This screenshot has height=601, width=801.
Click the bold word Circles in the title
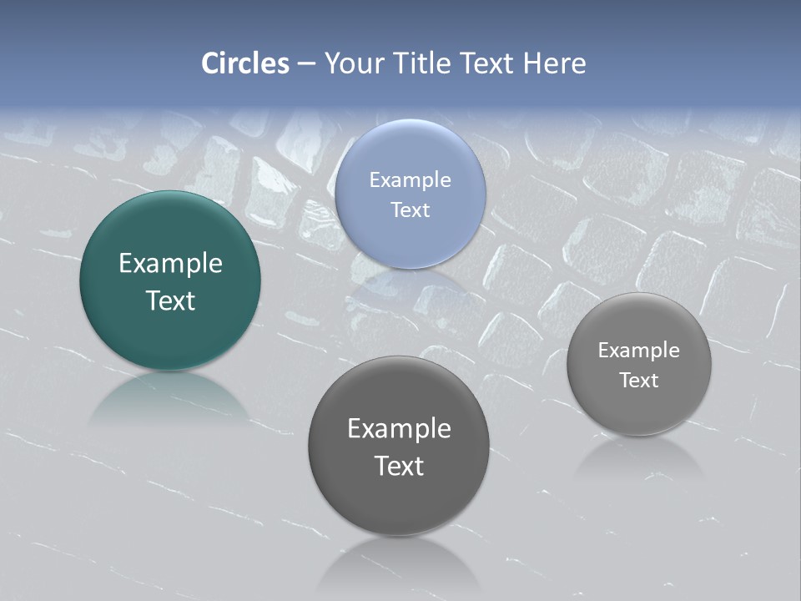245,63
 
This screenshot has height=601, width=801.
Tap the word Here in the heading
554,63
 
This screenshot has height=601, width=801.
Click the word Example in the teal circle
170,264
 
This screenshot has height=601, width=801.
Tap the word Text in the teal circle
170,300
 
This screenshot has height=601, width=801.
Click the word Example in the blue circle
410,180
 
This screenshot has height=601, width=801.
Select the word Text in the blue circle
410,210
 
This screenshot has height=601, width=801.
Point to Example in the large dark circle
399,429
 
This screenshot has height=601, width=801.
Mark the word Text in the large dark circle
399,466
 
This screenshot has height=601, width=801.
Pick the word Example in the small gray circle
639,351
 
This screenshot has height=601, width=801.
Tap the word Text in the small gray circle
639,381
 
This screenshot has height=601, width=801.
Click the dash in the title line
306,63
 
